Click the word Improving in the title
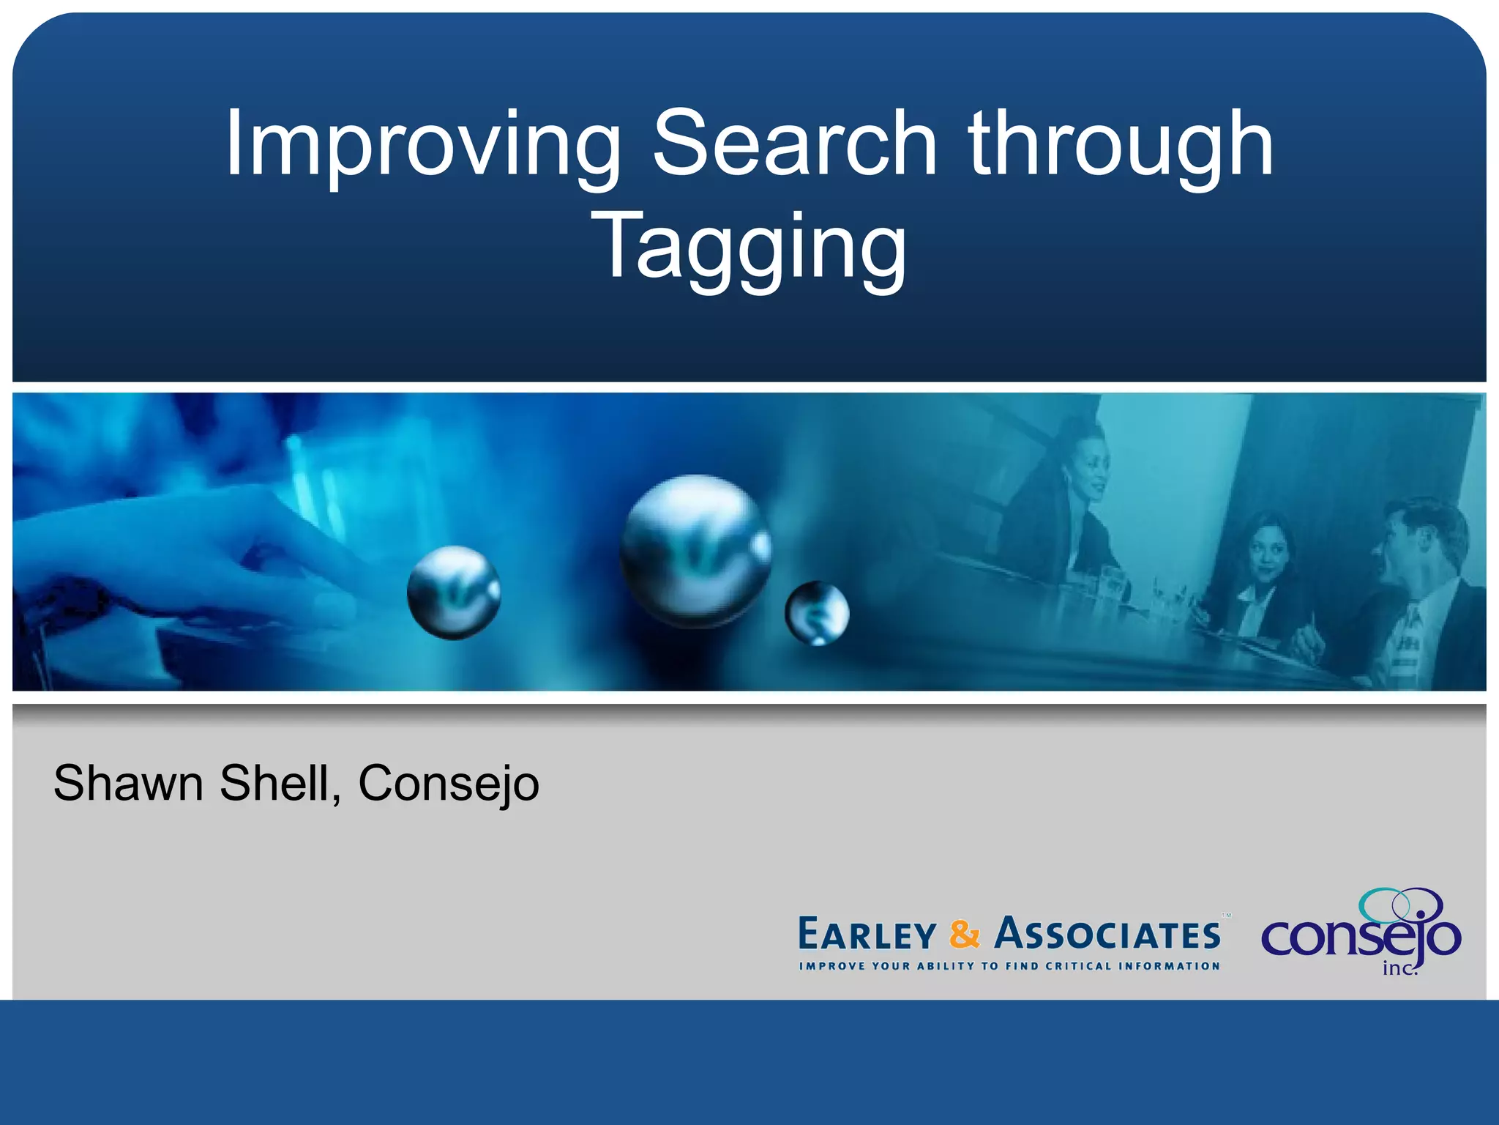pos(422,144)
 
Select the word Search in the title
pos(794,144)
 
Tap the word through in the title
pos(1121,144)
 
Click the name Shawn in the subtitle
pos(128,783)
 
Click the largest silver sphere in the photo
pos(695,551)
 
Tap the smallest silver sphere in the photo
pos(817,612)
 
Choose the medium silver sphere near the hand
pos(454,592)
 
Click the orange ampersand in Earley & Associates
pos(964,935)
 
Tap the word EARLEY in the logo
pos(867,935)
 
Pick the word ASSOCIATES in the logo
pos(1107,935)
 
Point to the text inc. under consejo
pos(1399,968)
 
